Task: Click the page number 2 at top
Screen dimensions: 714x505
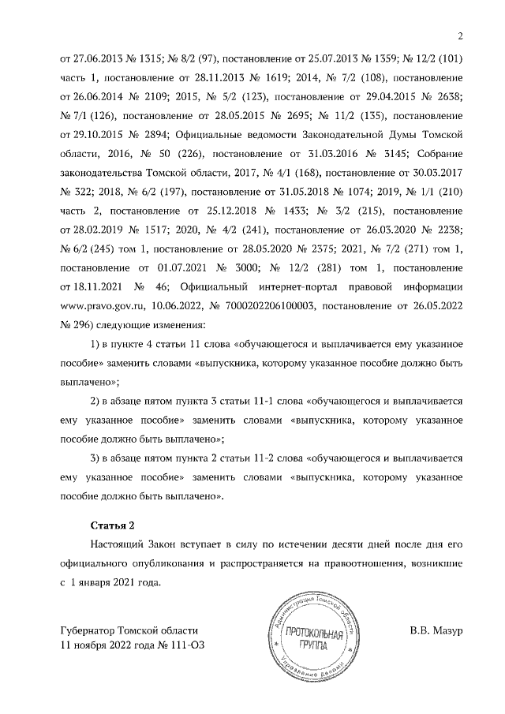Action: [x=460, y=36]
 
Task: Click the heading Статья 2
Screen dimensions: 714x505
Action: [x=111, y=524]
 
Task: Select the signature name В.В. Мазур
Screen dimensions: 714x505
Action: [x=436, y=631]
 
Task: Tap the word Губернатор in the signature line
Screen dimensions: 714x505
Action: [x=87, y=631]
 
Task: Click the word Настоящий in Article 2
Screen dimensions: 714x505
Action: [x=117, y=545]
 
